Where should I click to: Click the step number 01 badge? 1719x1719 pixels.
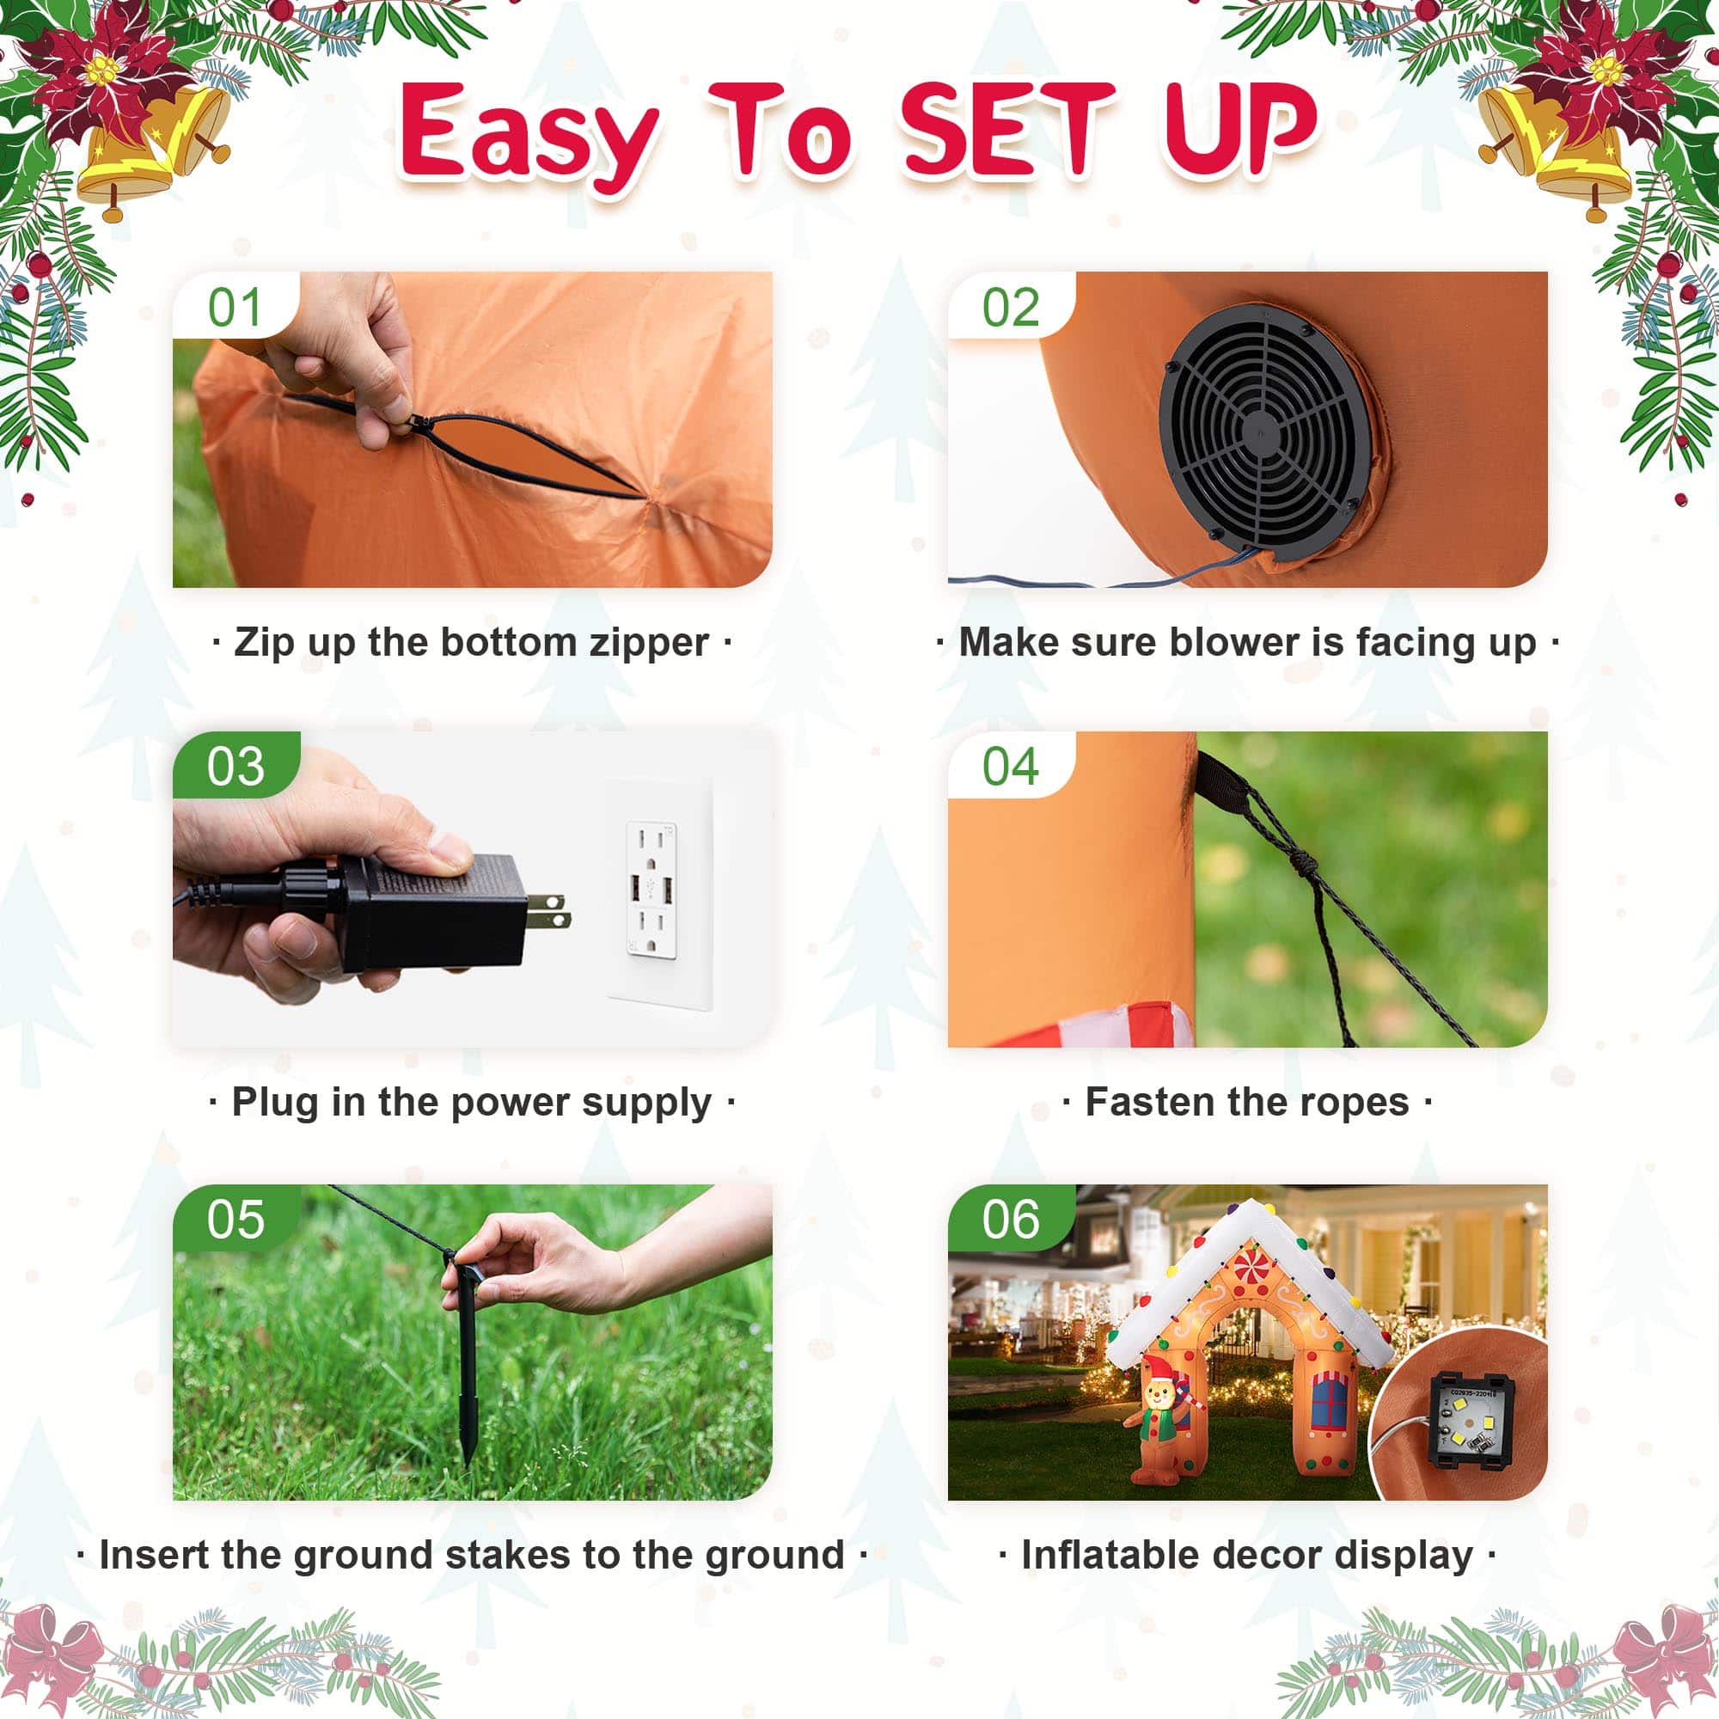[235, 307]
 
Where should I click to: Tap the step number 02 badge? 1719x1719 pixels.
[1011, 307]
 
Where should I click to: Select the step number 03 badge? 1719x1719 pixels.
[236, 766]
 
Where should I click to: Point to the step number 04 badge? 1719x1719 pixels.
[1011, 766]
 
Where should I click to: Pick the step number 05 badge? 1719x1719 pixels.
[236, 1219]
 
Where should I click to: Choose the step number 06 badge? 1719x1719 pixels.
[1011, 1219]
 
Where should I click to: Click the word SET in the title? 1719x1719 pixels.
[1006, 130]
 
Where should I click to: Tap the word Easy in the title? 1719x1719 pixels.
[529, 138]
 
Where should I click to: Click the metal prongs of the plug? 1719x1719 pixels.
[548, 910]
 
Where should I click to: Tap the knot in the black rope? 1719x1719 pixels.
[1301, 861]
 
